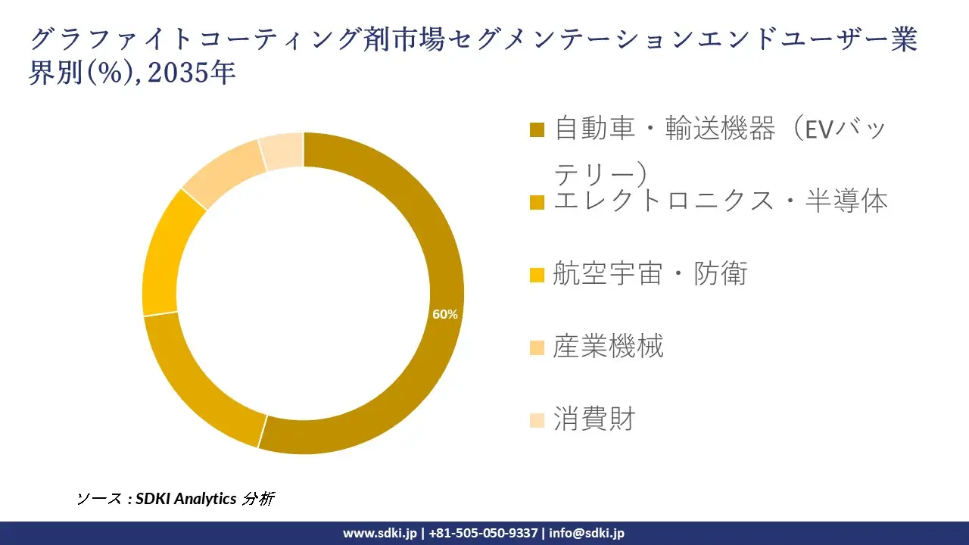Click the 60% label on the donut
(444, 315)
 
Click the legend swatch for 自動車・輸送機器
(537, 129)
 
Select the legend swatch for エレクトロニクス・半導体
(537, 202)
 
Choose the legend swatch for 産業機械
(537, 347)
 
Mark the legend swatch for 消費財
(537, 419)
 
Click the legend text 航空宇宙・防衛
(650, 273)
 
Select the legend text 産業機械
(608, 346)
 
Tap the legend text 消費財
(594, 419)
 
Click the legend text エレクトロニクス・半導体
(720, 201)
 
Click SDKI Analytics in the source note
(186, 499)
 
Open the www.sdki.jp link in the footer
(379, 533)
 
